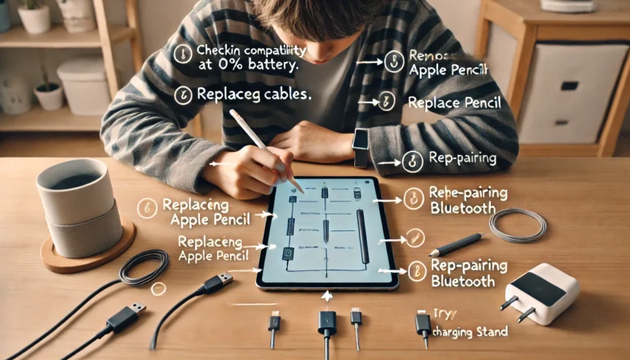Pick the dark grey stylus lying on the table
pyautogui.click(x=456, y=245)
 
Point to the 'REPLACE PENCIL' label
pyautogui.click(x=455, y=103)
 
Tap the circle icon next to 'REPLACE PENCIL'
pyautogui.click(x=387, y=102)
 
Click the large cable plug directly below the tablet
pyautogui.click(x=327, y=324)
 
